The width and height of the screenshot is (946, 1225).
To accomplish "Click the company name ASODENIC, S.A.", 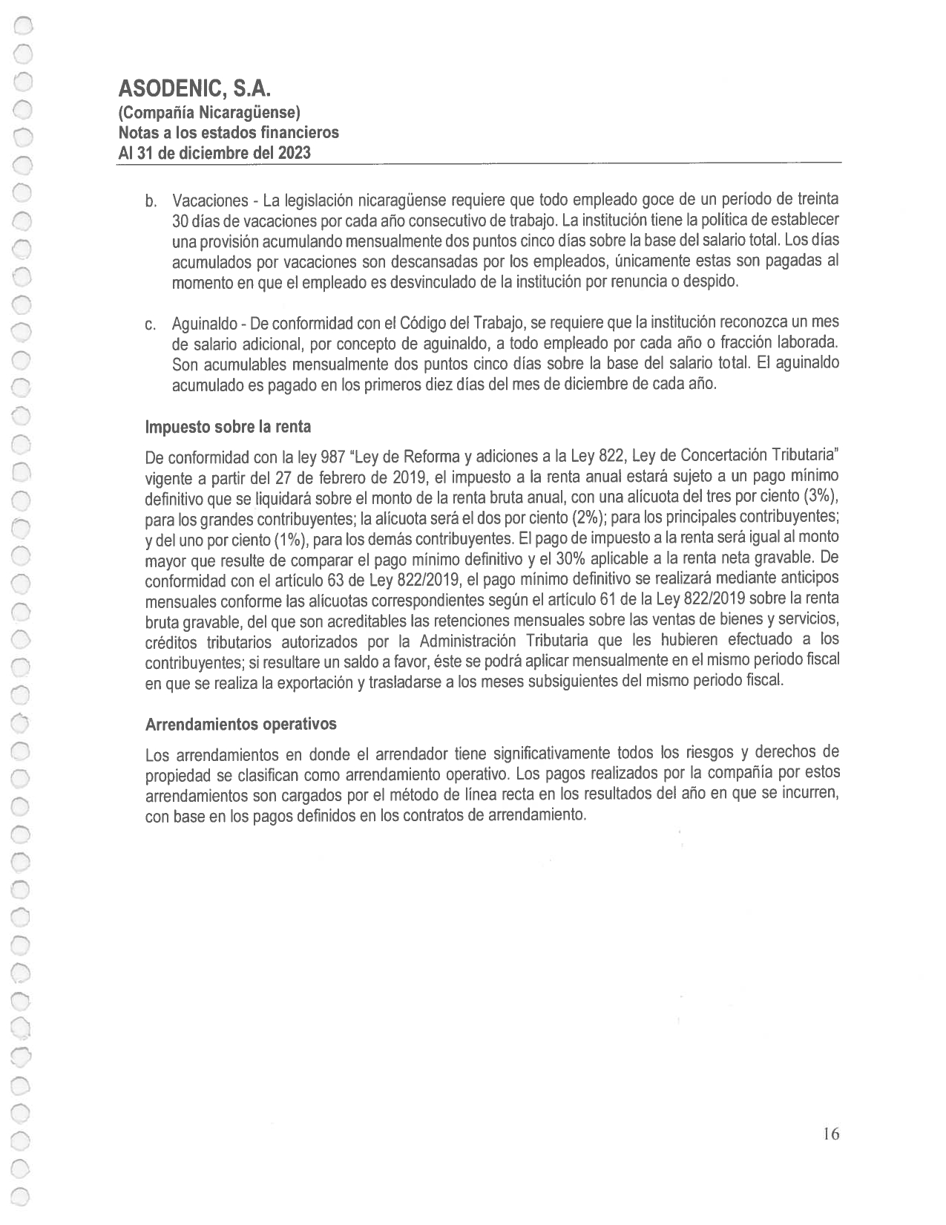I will (194, 90).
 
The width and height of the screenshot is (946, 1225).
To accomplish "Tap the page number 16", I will (830, 1134).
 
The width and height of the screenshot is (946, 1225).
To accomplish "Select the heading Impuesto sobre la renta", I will (228, 427).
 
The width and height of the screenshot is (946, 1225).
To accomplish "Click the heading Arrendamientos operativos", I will (240, 724).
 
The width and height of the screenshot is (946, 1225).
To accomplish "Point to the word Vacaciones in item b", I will (210, 201).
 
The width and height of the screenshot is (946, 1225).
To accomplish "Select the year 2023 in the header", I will (292, 153).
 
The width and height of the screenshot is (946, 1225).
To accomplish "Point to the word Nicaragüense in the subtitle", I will (254, 113).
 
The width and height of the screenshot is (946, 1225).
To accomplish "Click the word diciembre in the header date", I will (211, 153).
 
